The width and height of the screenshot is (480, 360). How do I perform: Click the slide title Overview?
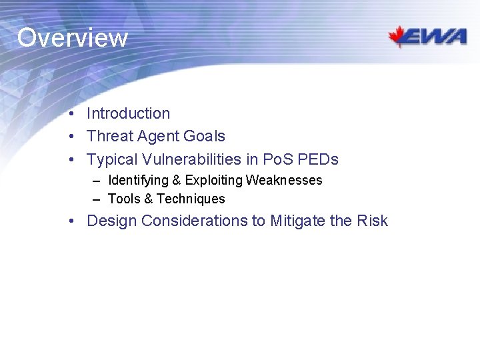[x=72, y=37]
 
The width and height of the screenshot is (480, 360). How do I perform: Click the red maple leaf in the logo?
[x=400, y=36]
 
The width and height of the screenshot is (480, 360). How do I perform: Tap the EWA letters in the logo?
[x=437, y=37]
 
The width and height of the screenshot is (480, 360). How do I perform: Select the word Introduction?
[x=128, y=114]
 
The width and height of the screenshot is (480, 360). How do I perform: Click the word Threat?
[x=110, y=137]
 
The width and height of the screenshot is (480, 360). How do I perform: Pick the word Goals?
[x=204, y=137]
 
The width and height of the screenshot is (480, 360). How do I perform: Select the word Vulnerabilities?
[x=186, y=159]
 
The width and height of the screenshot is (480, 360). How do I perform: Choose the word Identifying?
[x=138, y=181]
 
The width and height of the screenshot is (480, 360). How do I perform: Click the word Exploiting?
[x=213, y=181]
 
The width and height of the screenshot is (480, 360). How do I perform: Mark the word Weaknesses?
[x=284, y=180]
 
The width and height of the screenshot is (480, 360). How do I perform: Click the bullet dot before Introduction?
[x=71, y=114]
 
